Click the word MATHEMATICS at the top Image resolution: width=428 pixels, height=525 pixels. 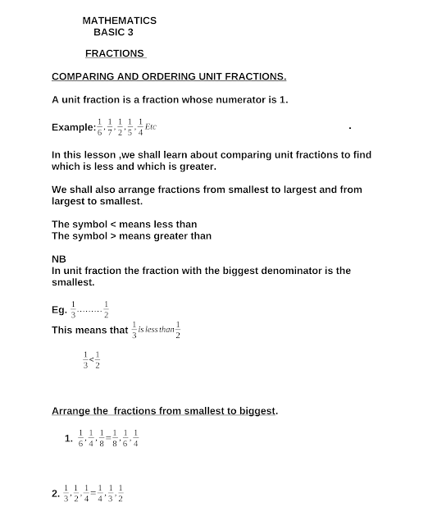120,21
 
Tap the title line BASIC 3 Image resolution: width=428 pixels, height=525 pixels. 113,33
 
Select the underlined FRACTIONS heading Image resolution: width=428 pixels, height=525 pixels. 114,54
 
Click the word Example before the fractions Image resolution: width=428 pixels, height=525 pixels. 72,128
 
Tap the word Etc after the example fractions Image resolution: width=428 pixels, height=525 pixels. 151,127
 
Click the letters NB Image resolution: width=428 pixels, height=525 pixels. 58,258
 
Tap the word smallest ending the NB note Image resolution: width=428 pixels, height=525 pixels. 72,282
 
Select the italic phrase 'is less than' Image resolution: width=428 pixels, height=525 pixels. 155,329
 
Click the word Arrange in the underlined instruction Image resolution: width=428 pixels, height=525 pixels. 71,410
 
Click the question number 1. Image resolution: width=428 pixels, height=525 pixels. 69,439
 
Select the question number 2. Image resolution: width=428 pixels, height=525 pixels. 55,494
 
